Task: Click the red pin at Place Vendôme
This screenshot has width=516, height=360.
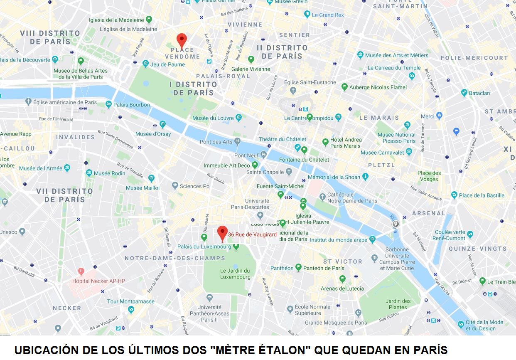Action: click(x=182, y=40)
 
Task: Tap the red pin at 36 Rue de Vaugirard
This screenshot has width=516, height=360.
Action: click(x=223, y=233)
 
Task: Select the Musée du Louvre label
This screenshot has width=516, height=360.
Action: click(x=213, y=118)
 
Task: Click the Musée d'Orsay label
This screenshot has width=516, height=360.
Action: click(x=153, y=134)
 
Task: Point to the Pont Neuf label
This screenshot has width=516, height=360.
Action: click(x=247, y=155)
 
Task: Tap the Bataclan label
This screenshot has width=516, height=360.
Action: click(x=479, y=93)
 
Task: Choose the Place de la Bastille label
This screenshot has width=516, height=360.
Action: click(x=482, y=195)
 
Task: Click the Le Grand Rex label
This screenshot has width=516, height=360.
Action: click(x=328, y=15)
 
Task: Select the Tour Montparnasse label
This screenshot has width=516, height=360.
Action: click(x=130, y=301)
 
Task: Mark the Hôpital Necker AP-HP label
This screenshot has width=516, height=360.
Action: click(x=98, y=281)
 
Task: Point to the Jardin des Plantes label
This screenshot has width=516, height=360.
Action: click(x=398, y=304)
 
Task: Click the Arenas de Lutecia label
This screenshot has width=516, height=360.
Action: click(x=342, y=288)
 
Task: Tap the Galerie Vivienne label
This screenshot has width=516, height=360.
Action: click(x=251, y=69)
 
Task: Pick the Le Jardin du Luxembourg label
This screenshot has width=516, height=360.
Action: click(x=235, y=274)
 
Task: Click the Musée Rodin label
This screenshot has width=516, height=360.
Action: click(x=109, y=173)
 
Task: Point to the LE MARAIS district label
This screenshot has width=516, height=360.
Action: click(x=379, y=118)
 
